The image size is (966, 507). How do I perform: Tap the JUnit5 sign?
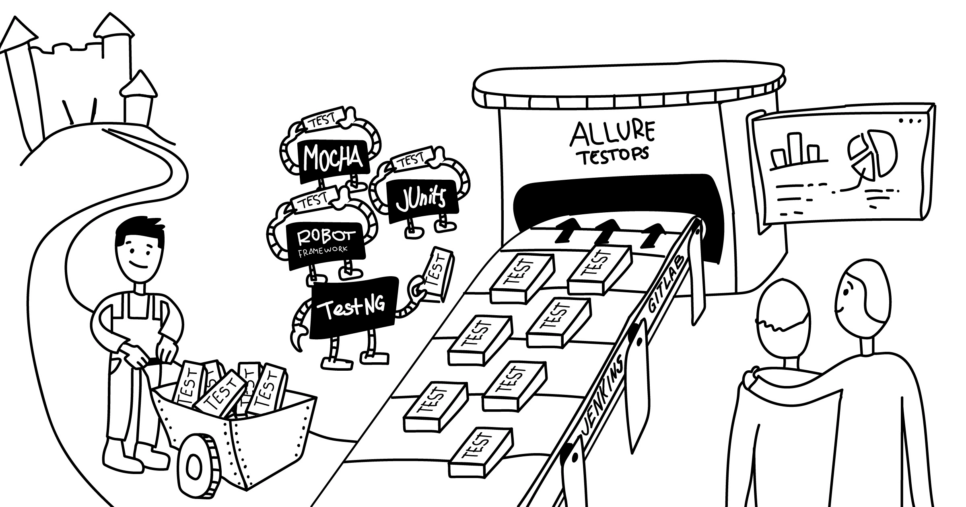pos(422,202)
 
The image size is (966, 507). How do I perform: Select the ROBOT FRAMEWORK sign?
pos(326,246)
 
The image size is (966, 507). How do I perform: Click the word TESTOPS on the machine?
pos(614,156)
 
